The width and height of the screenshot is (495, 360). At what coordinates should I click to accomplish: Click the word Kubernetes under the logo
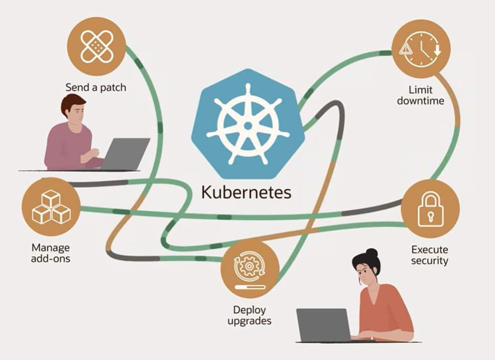coord(246,192)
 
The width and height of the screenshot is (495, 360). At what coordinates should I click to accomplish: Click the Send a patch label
coord(96,88)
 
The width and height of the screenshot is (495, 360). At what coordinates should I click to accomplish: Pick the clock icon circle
coord(421,49)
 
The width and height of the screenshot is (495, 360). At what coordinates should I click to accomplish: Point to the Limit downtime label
coord(421,95)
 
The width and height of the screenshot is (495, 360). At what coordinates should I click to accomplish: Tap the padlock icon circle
coord(430,208)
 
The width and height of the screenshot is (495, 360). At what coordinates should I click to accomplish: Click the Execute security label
coord(429,255)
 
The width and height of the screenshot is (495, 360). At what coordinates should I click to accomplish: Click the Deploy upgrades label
coord(250,315)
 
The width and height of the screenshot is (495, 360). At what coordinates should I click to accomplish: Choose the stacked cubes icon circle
coord(51,207)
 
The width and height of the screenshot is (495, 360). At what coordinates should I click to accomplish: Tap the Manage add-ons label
coord(51,253)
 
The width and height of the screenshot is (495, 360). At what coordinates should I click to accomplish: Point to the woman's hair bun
coord(372,252)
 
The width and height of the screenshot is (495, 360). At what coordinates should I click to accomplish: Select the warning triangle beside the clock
coord(405,49)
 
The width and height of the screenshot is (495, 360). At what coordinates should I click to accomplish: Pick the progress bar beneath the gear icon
coord(250,286)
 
